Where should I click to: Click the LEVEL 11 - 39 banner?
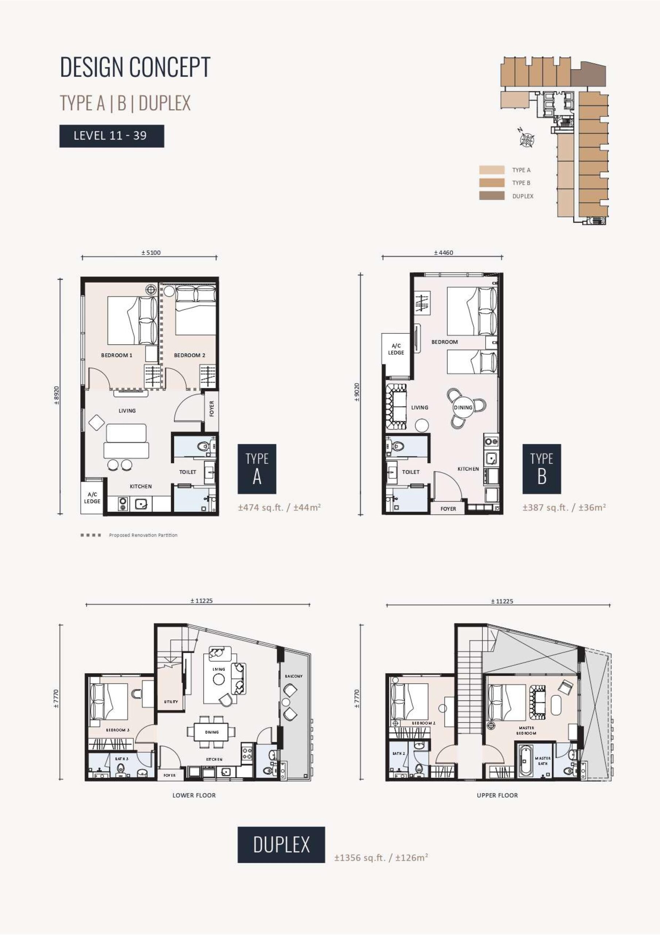click(112, 136)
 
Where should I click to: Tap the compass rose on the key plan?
click(527, 139)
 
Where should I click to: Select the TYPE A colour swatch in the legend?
click(492, 170)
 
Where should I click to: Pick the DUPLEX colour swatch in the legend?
click(492, 196)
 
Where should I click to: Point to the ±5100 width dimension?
click(151, 252)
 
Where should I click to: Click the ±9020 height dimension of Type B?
click(357, 392)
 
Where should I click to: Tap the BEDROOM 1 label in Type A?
click(117, 355)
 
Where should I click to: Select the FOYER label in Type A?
click(212, 408)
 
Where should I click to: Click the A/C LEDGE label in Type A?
click(92, 498)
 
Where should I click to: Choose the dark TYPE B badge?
click(541, 469)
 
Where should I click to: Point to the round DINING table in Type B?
click(463, 408)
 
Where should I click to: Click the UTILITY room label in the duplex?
click(171, 702)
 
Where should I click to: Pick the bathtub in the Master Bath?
click(525, 760)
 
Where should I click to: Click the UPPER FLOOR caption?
click(497, 795)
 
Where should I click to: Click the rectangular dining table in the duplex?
click(212, 732)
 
